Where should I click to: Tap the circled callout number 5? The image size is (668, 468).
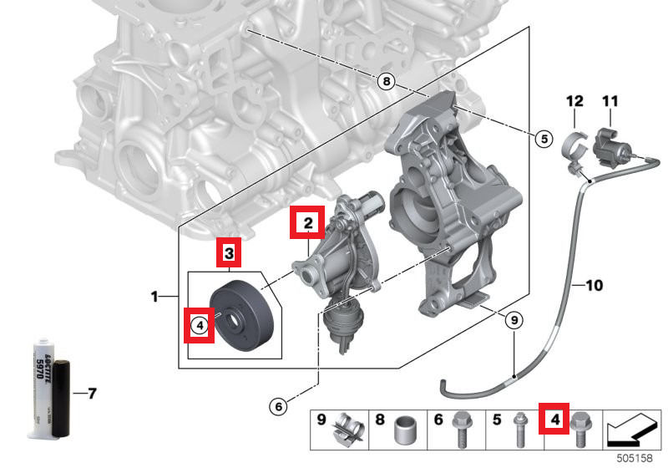544,139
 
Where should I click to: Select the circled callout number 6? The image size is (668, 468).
281,407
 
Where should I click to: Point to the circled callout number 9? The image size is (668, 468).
514,318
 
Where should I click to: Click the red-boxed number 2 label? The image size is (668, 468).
307,223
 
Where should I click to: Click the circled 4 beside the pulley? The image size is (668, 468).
200,325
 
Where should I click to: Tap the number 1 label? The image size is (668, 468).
154,297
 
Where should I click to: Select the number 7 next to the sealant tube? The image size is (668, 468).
92,392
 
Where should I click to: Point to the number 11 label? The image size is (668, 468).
610,102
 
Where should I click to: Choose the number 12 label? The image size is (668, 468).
574,102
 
